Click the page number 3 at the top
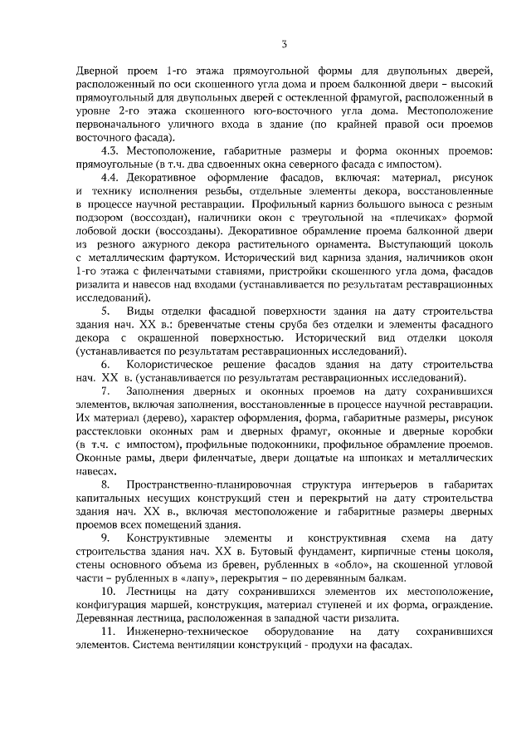pyautogui.click(x=284, y=44)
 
